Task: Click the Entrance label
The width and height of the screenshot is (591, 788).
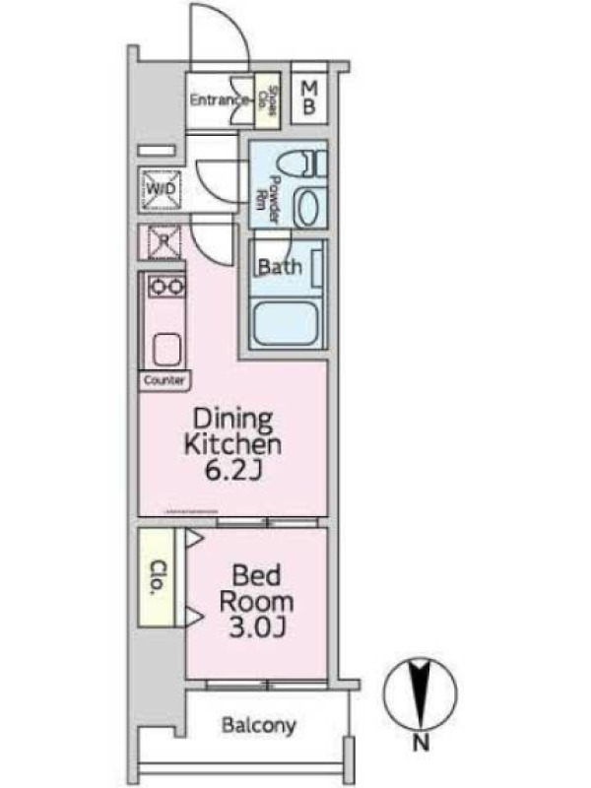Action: tap(219, 100)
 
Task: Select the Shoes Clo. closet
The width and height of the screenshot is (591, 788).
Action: tap(267, 100)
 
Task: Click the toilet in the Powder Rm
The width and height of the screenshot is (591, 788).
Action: tap(300, 164)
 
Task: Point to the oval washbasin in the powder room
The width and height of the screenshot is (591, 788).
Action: tap(309, 206)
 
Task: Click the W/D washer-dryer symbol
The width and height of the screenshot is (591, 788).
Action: tap(162, 189)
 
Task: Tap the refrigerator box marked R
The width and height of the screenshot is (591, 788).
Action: tap(163, 241)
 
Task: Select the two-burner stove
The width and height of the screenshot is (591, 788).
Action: tap(166, 287)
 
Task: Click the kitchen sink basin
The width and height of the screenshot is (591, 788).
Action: tap(166, 350)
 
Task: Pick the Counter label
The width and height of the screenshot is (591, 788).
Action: tap(164, 380)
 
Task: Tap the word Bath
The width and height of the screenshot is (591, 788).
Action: tap(280, 266)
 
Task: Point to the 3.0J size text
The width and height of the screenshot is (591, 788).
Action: tap(257, 627)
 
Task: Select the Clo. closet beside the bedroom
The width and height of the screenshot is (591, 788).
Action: tap(157, 577)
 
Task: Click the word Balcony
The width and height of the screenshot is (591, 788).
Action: tap(259, 726)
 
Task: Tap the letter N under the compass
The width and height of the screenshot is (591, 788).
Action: tap(422, 742)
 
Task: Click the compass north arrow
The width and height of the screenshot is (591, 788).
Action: tap(421, 693)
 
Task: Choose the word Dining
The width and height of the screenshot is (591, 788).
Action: tap(233, 421)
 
